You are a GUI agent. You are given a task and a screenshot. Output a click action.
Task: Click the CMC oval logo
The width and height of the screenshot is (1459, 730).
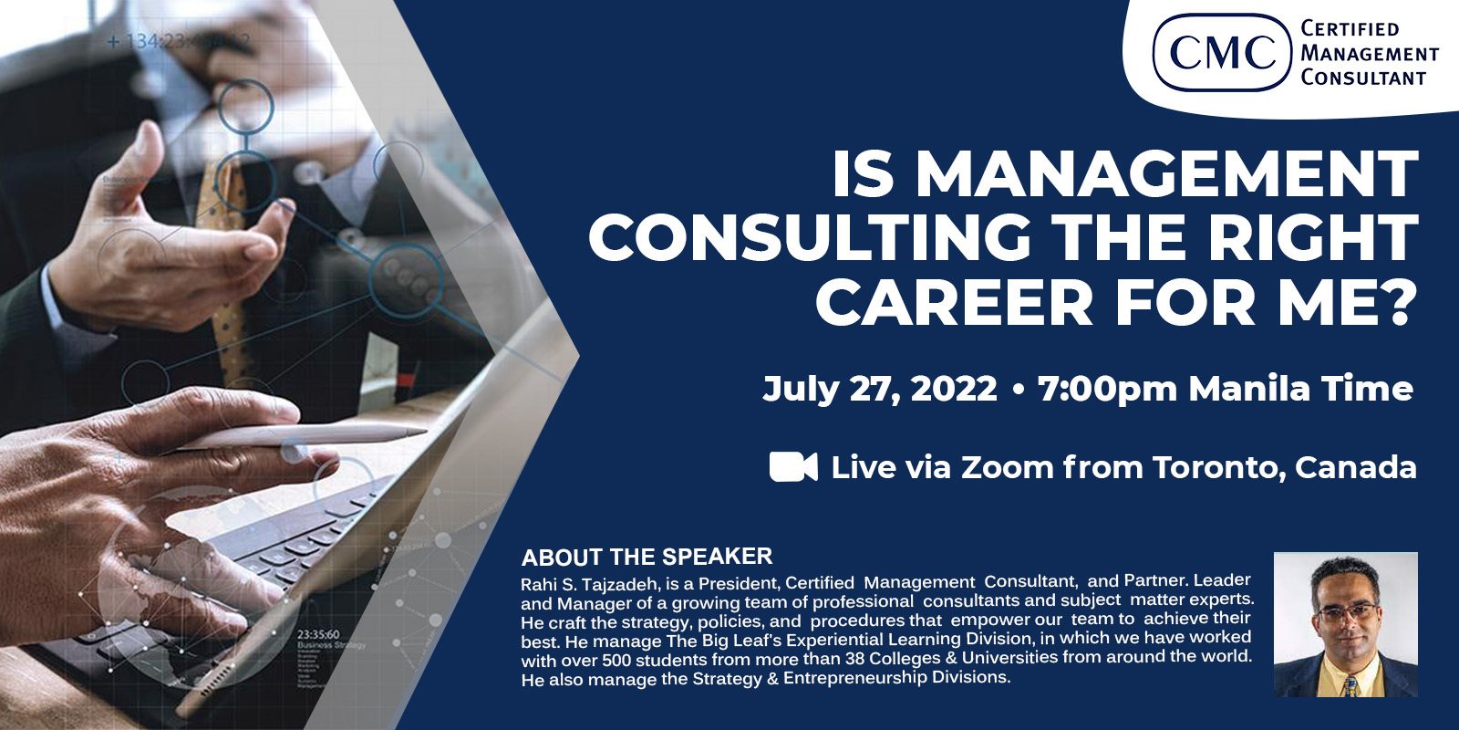point(1222,51)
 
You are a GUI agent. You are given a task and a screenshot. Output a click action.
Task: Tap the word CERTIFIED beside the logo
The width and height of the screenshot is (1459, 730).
point(1350,29)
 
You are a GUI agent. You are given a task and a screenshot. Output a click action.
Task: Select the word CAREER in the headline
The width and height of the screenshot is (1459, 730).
point(954,303)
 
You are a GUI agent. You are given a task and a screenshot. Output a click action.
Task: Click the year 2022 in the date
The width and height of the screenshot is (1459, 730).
point(953,389)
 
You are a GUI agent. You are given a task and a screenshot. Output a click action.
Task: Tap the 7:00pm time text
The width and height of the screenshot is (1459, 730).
point(1108,389)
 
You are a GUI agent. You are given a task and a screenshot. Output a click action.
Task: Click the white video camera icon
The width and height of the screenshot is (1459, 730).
point(793,466)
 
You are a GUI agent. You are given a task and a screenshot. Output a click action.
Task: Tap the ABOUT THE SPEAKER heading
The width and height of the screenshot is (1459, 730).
point(647,557)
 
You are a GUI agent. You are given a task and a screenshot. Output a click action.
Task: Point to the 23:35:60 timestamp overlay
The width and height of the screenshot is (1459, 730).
point(318,634)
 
